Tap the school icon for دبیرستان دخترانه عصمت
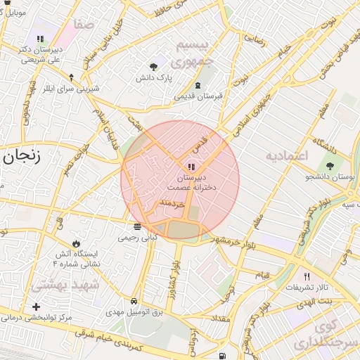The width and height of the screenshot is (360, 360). pyautogui.click(x=190, y=167)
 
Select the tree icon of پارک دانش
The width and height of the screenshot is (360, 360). pyautogui.click(x=153, y=67)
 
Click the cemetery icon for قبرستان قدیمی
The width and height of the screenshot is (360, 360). pyautogui.click(x=198, y=84)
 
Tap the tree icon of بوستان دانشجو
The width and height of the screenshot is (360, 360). pyautogui.click(x=330, y=165)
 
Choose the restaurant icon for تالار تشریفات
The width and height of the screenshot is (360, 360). pyautogui.click(x=306, y=276)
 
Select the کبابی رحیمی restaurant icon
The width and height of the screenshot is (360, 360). pyautogui.click(x=137, y=227)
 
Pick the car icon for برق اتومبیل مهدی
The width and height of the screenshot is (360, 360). pyautogui.click(x=134, y=300)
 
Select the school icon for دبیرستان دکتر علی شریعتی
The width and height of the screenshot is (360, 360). pyautogui.click(x=39, y=39)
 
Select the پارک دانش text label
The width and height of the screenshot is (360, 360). pyautogui.click(x=154, y=79)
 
